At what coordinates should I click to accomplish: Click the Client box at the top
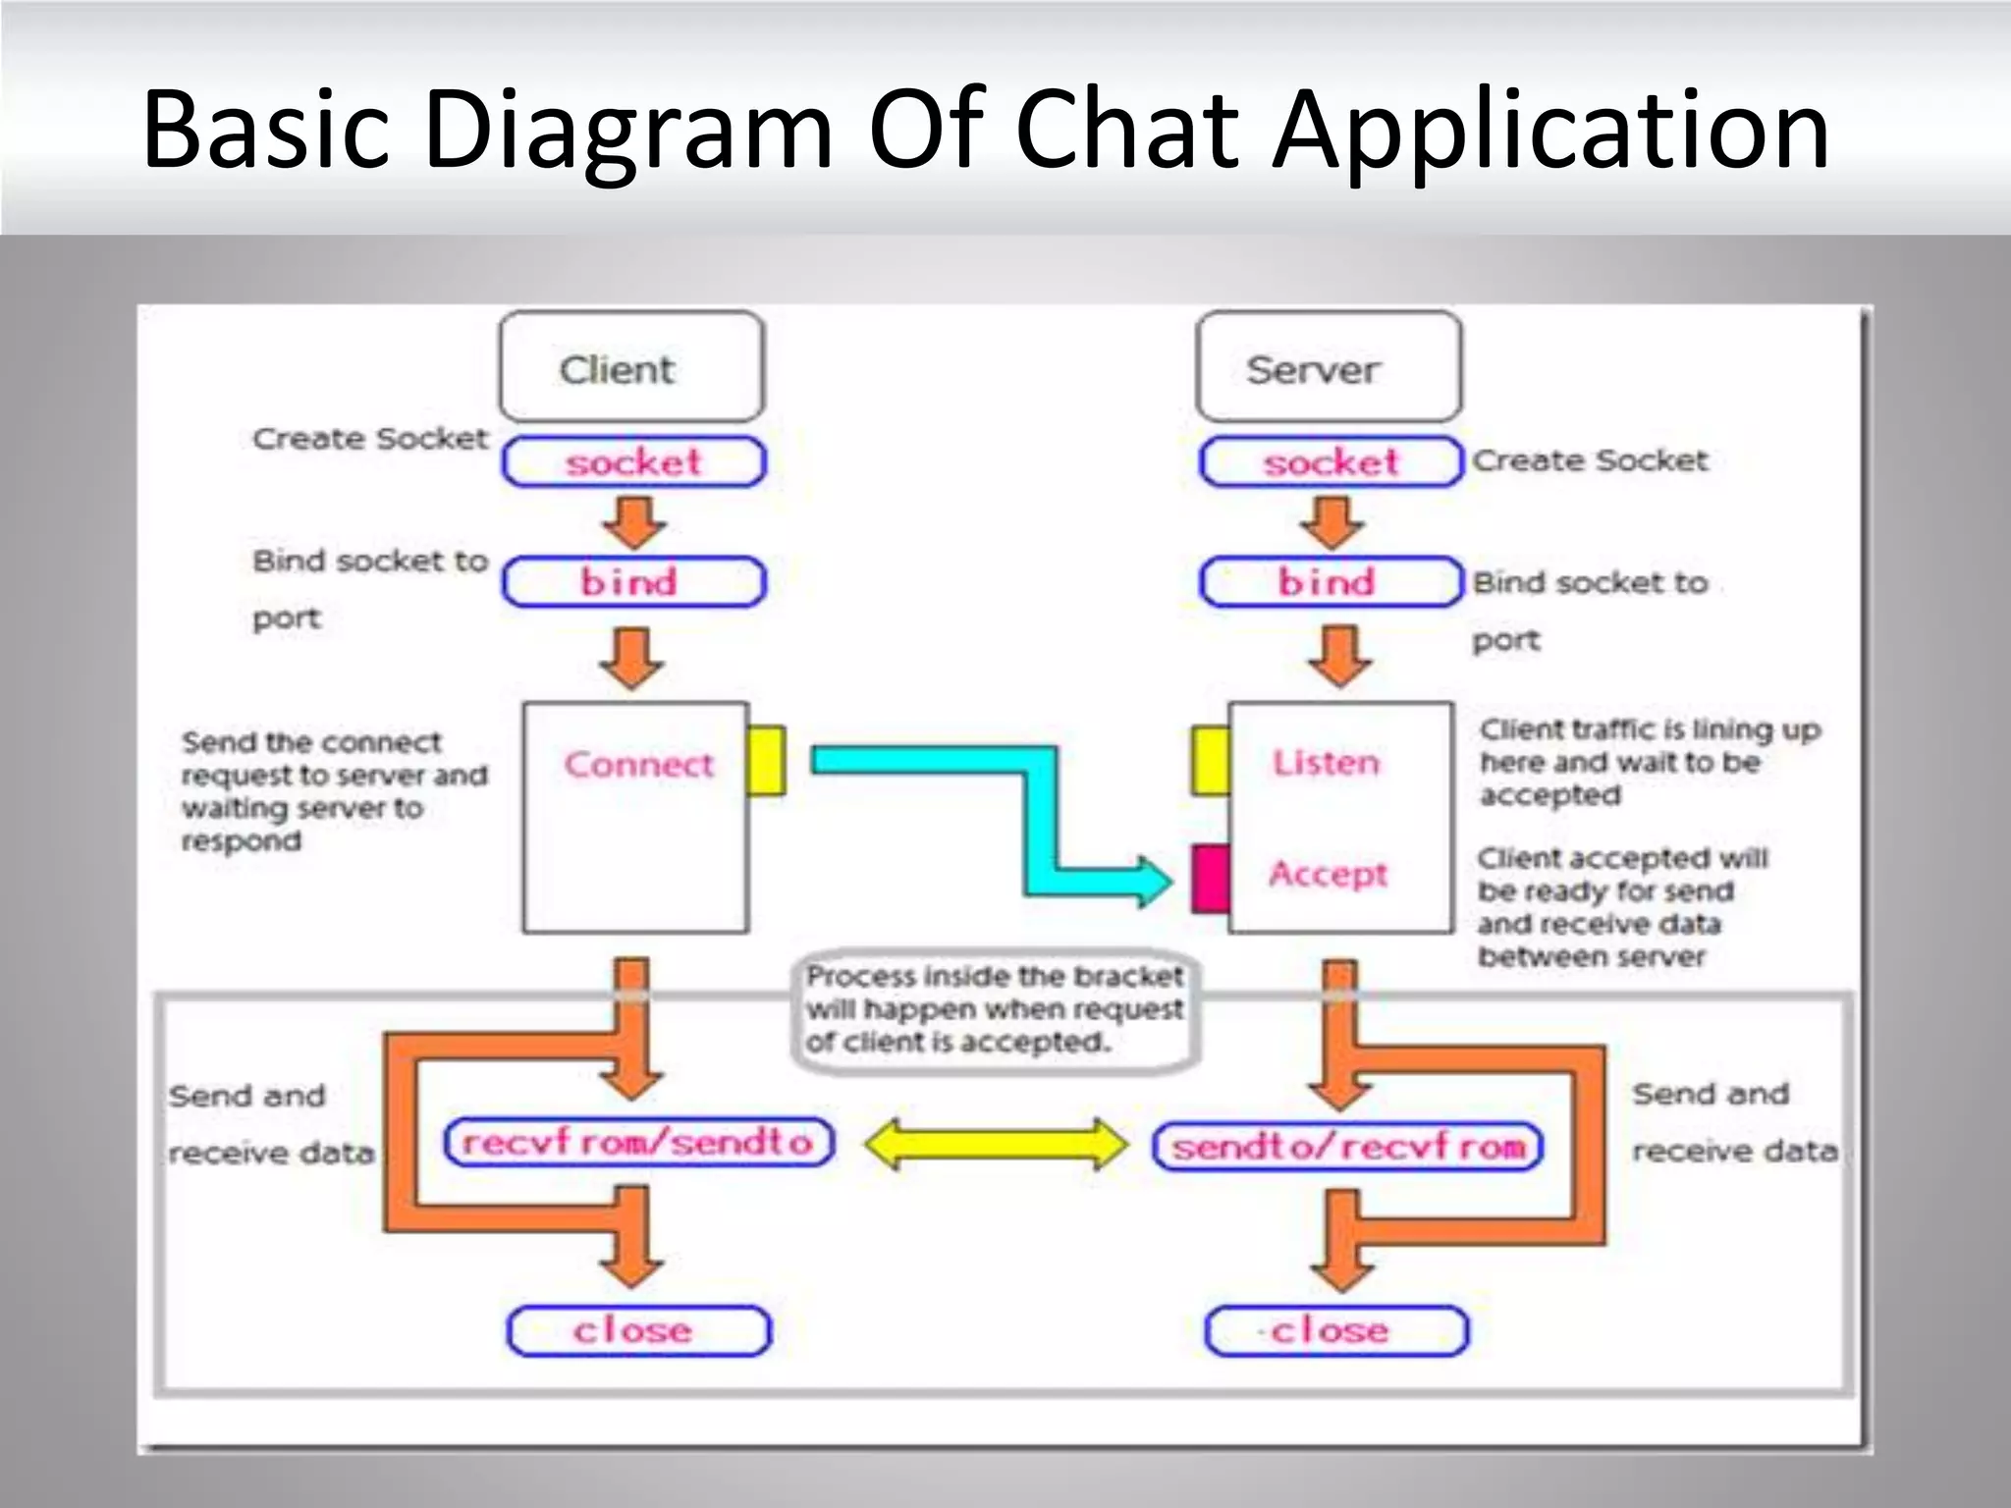point(631,367)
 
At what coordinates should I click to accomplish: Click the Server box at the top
point(1329,367)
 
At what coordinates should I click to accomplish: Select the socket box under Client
point(633,462)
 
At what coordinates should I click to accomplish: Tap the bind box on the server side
point(1331,582)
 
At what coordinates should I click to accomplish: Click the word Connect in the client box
point(638,764)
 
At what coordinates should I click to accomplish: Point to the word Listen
point(1326,763)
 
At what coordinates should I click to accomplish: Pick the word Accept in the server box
point(1328,873)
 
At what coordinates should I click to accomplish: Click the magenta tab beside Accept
point(1210,878)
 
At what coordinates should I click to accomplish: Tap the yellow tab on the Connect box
point(766,760)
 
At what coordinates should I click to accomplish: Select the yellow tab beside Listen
point(1210,760)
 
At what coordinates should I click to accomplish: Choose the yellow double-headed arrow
point(996,1145)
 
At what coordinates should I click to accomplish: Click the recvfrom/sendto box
point(638,1143)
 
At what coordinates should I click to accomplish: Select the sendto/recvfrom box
point(1347,1146)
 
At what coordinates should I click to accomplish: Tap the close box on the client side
point(638,1331)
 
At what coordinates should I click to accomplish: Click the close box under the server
point(1335,1331)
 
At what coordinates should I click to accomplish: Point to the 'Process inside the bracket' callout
point(994,1009)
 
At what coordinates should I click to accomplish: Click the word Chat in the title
point(1127,131)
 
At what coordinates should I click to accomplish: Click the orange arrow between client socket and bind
point(633,522)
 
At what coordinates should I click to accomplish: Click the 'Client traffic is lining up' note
point(1650,762)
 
